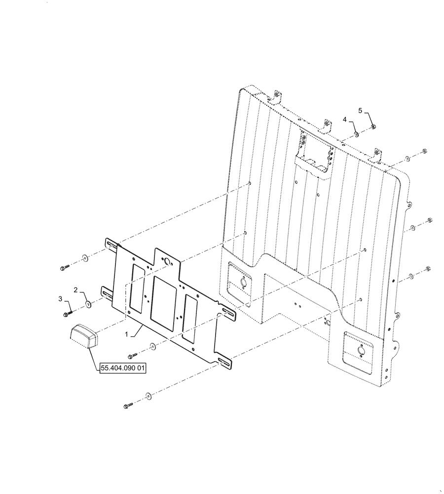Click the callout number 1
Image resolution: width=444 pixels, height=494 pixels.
[127, 334]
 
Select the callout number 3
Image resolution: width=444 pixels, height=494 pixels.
[61, 299]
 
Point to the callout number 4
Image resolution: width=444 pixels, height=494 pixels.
[345, 119]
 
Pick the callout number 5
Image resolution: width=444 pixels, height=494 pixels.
[360, 111]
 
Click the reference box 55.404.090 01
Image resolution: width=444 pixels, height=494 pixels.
[123, 369]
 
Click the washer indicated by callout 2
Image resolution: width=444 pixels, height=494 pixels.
[88, 304]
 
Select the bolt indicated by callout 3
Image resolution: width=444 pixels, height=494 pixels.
[68, 313]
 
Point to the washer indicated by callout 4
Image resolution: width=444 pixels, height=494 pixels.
[356, 134]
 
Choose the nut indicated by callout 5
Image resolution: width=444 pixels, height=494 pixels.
[373, 127]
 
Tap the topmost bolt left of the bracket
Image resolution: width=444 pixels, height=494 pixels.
[64, 268]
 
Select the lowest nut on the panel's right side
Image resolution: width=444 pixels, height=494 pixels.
[427, 270]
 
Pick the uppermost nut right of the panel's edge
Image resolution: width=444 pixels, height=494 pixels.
[425, 151]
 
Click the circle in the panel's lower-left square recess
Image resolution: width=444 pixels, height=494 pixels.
[242, 283]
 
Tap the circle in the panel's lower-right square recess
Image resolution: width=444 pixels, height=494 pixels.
[360, 350]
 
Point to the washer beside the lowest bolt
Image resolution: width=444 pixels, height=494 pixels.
[148, 396]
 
